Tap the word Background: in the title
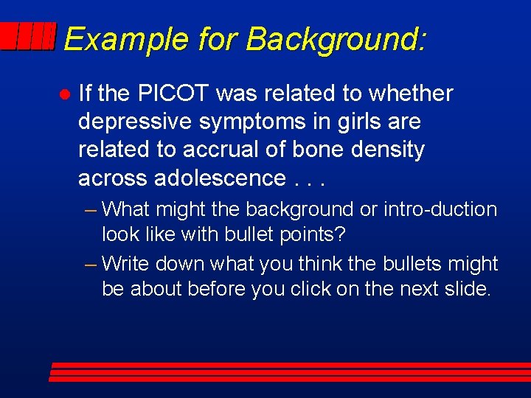(336, 38)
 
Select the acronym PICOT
(177, 94)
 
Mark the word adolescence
(220, 178)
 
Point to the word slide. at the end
(468, 289)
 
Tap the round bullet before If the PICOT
(64, 94)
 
